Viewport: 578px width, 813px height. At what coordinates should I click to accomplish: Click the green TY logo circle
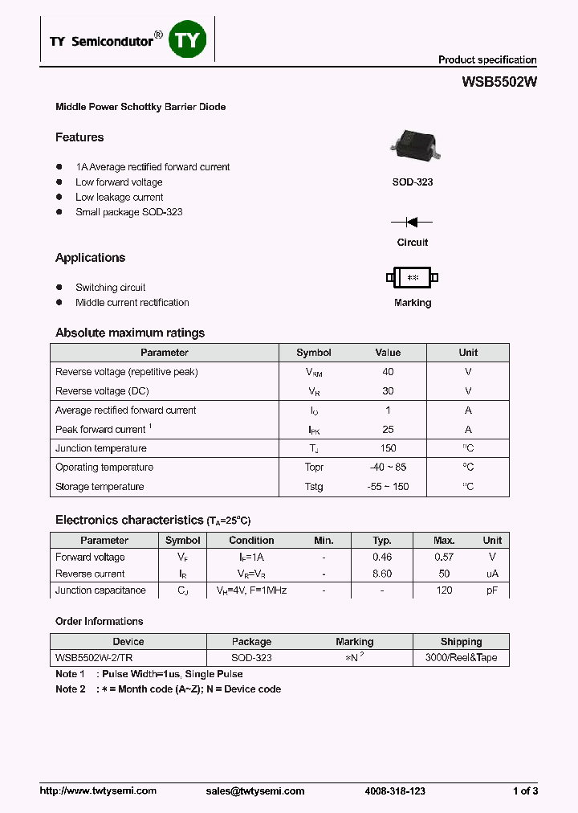pos(187,39)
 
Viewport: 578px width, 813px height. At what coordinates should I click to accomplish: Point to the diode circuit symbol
pos(412,222)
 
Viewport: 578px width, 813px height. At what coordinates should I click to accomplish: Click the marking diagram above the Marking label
pos(413,278)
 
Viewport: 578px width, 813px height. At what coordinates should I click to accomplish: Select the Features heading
pos(79,137)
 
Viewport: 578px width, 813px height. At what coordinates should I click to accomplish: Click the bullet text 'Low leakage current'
pos(119,198)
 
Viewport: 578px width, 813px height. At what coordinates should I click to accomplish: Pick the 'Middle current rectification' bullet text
pos(132,303)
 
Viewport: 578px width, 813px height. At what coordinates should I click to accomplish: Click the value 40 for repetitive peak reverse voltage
pos(388,372)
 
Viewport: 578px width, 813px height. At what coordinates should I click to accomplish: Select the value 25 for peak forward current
pos(388,430)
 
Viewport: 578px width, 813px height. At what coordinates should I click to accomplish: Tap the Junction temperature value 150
pos(388,448)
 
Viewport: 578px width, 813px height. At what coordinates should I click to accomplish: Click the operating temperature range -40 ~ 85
pos(388,468)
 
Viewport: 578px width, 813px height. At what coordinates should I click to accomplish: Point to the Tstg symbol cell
pos(314,487)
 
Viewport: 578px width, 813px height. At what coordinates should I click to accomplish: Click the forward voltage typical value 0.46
pos(382,558)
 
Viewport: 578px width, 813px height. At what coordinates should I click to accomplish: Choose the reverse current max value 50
pos(444,574)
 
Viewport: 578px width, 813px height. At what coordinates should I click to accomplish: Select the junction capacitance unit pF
pos(492,590)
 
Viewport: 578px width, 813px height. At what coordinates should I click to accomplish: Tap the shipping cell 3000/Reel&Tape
pos(461,658)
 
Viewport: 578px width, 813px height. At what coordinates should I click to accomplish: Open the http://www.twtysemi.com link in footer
pos(98,791)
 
